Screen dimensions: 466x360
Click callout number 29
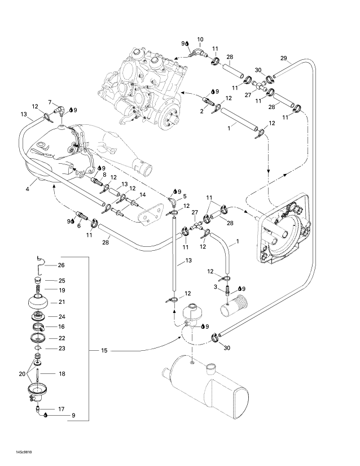click(x=283, y=58)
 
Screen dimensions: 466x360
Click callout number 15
click(x=104, y=351)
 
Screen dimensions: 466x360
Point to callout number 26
click(x=62, y=265)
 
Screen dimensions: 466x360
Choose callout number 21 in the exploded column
click(x=62, y=302)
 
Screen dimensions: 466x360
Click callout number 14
click(x=142, y=195)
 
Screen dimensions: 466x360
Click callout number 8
click(x=104, y=176)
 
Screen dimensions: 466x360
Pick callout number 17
click(x=62, y=408)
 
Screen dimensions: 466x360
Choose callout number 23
click(x=62, y=349)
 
